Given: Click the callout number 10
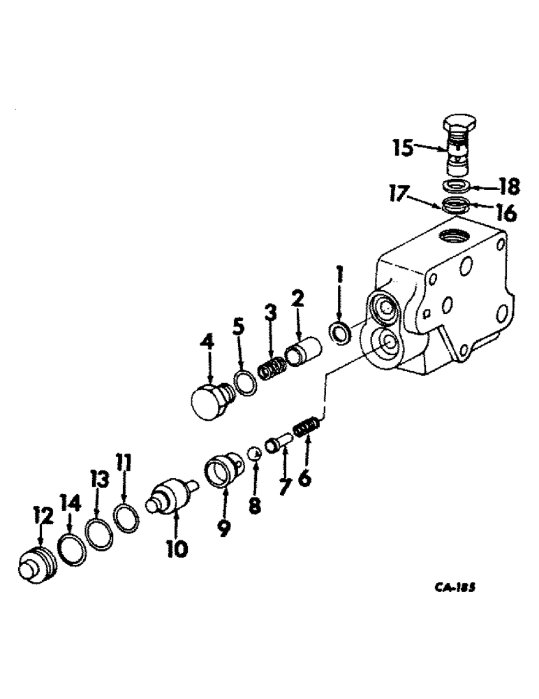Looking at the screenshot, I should click(177, 550).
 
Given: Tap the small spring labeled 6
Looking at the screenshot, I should click(308, 426).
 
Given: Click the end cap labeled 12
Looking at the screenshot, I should click(37, 563).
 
